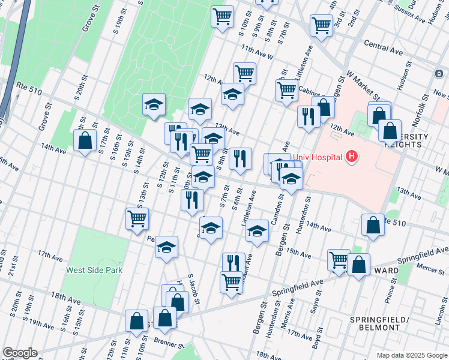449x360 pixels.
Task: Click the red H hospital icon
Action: (352, 158)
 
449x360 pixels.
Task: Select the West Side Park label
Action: (94, 270)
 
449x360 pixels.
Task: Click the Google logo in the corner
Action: (19, 353)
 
